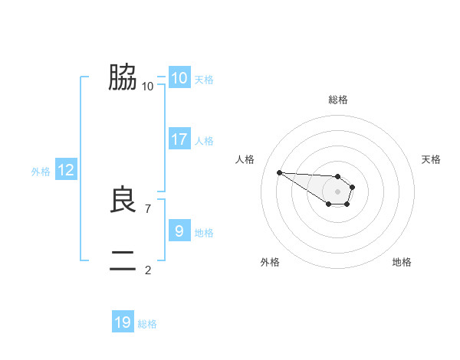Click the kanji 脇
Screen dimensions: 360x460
pos(123,77)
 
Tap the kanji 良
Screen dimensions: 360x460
pos(123,201)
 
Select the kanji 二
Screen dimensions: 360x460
pos(123,261)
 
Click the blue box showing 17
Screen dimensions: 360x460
pos(179,139)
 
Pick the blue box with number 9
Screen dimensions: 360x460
pos(179,231)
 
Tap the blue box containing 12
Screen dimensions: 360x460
pos(66,170)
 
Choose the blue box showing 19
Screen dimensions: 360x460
pos(123,322)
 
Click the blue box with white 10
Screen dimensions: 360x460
pos(179,78)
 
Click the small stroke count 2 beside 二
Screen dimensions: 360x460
pos(148,270)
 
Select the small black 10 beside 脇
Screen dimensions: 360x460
pos(147,86)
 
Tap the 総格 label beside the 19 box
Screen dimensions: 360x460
pos(147,324)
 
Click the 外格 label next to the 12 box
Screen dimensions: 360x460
pos(41,172)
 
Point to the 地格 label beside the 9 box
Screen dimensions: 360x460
pos(204,233)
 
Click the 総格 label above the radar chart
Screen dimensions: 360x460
pos(338,100)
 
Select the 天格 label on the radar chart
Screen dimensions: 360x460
pos(431,159)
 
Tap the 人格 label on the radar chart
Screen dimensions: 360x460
pos(245,159)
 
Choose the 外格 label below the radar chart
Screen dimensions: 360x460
pos(269,262)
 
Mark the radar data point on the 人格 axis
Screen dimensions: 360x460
pos(279,172)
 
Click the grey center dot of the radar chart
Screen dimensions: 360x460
pos(338,191)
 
